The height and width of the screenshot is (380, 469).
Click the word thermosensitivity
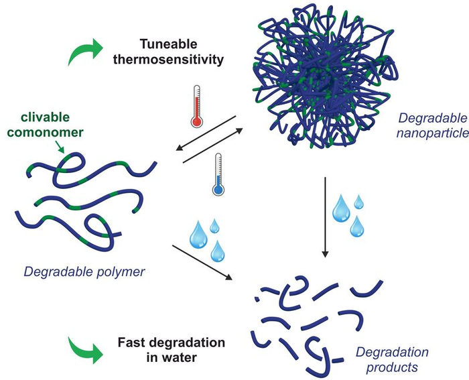pyautogui.click(x=183, y=60)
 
